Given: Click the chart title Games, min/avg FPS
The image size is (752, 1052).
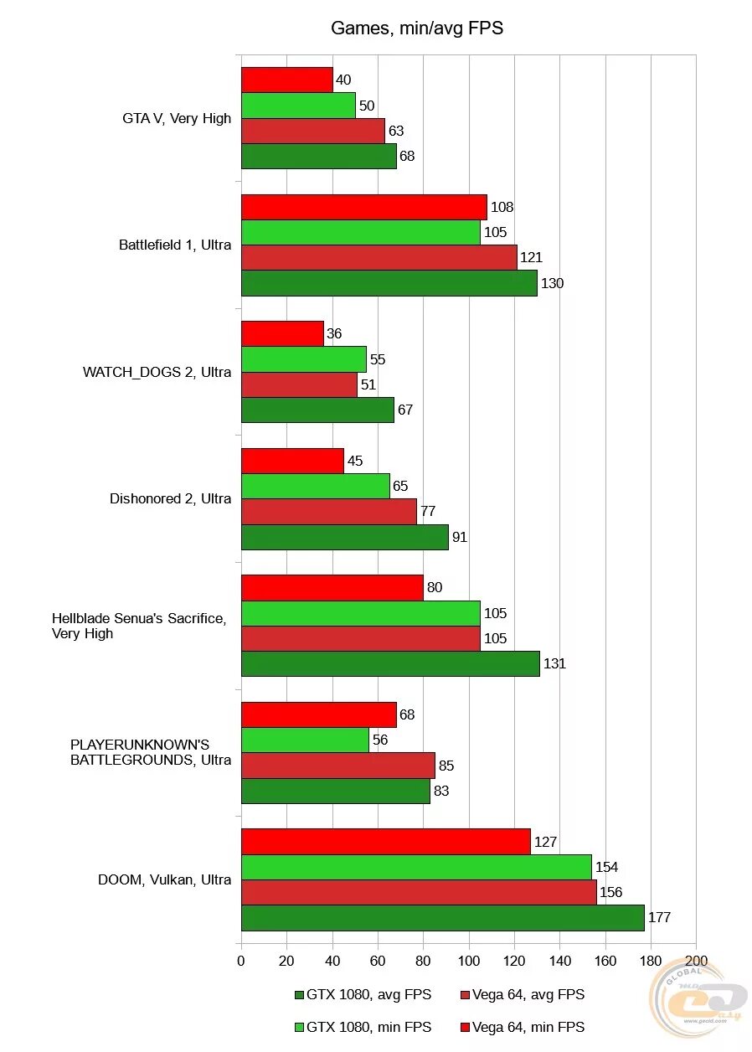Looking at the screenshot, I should pyautogui.click(x=416, y=28).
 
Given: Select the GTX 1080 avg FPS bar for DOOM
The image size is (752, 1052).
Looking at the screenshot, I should pyautogui.click(x=442, y=918).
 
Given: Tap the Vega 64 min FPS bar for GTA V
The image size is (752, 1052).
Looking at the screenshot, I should pyautogui.click(x=286, y=80).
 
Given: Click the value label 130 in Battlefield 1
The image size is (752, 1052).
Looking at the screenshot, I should pyautogui.click(x=552, y=283).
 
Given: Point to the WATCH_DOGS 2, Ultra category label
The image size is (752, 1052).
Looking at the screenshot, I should pyautogui.click(x=157, y=372).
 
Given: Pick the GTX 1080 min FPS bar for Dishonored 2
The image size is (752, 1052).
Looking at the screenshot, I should pyautogui.click(x=315, y=487).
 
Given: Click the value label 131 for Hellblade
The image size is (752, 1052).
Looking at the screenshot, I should pyautogui.click(x=554, y=664).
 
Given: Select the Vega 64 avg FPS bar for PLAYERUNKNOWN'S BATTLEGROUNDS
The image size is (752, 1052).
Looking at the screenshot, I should pyautogui.click(x=337, y=766).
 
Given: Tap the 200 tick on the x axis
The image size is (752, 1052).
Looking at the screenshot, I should pyautogui.click(x=695, y=961).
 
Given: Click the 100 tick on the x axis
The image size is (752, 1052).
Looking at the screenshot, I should pyautogui.click(x=468, y=961).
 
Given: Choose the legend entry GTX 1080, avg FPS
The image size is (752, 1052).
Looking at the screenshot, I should pyautogui.click(x=363, y=995).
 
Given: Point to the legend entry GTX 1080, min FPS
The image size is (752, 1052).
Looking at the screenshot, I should pyautogui.click(x=363, y=1027).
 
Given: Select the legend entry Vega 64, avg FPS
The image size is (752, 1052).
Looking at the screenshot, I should pyautogui.click(x=523, y=995).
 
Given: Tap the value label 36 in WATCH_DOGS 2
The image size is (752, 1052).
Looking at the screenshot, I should pyautogui.click(x=334, y=334).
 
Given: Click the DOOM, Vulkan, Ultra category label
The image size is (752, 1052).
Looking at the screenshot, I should pyautogui.click(x=164, y=879).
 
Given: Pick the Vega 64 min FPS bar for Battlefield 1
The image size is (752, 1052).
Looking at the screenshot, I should pyautogui.click(x=363, y=207).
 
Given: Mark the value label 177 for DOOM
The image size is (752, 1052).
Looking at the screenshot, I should pyautogui.click(x=659, y=918).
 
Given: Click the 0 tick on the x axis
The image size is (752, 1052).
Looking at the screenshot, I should pyautogui.click(x=241, y=961).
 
